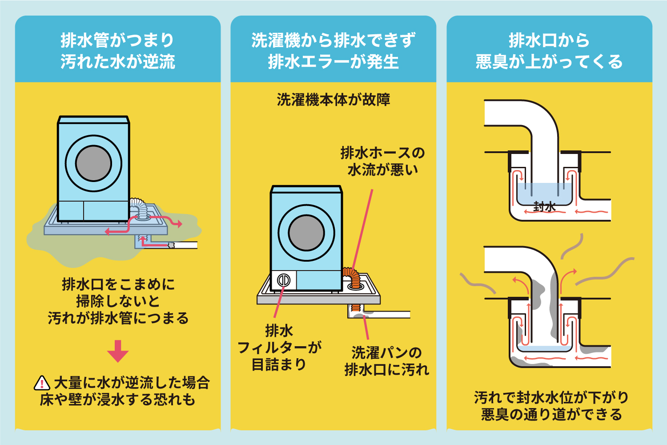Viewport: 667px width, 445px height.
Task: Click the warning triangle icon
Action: (x=42, y=383)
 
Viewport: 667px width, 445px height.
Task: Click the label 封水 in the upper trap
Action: (x=544, y=206)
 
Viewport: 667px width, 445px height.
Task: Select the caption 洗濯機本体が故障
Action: (x=333, y=100)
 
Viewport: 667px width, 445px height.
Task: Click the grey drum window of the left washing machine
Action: (x=93, y=163)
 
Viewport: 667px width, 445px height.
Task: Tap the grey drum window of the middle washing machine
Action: (x=306, y=233)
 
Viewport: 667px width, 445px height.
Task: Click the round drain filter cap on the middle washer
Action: (x=284, y=280)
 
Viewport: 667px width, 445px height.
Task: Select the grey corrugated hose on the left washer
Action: (x=140, y=208)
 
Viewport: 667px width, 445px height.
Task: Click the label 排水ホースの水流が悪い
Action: (x=382, y=161)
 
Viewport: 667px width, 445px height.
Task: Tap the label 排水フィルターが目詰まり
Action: (x=279, y=348)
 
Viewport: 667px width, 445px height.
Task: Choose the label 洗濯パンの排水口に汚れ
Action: (x=386, y=361)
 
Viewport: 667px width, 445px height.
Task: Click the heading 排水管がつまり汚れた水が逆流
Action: (x=118, y=51)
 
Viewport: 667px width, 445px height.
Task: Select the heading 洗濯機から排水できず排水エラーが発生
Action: (x=333, y=51)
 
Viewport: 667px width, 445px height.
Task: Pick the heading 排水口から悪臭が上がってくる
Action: (x=549, y=51)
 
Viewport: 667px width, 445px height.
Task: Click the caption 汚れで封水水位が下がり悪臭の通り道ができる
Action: (x=551, y=406)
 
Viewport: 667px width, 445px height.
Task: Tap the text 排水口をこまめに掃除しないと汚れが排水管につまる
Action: (x=118, y=301)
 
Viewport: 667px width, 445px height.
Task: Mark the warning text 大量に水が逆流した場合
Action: (x=132, y=383)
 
